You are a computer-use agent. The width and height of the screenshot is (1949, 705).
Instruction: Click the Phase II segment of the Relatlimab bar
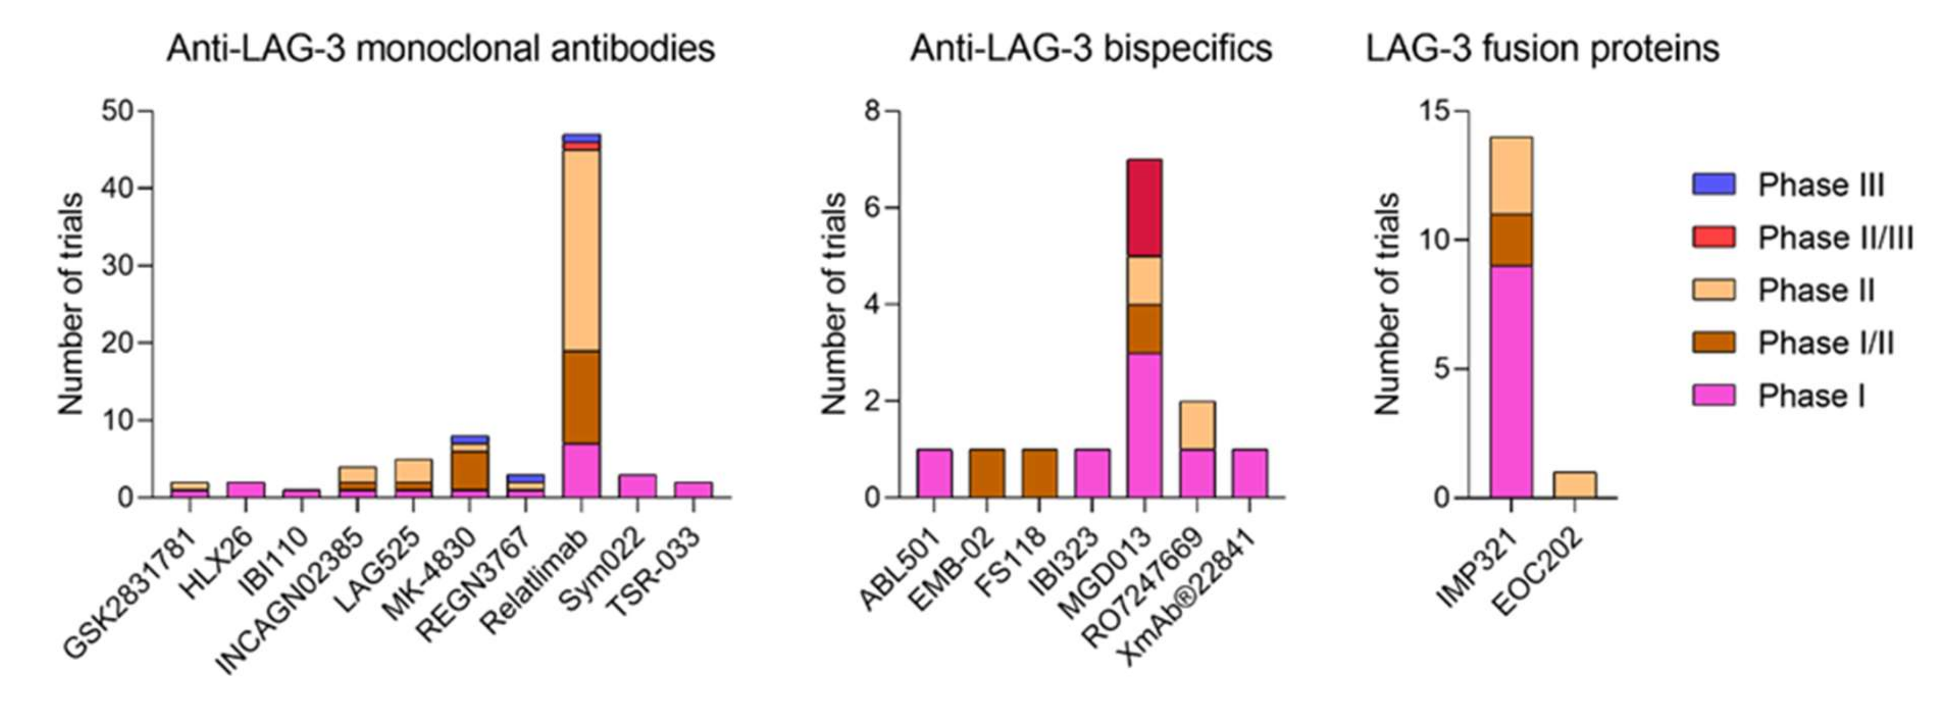(x=581, y=249)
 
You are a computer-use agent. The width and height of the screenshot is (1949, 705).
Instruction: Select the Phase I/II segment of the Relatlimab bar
(x=581, y=397)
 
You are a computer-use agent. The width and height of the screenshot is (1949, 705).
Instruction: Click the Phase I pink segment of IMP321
(x=1511, y=382)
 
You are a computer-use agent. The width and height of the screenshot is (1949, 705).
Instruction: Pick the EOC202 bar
(x=1575, y=485)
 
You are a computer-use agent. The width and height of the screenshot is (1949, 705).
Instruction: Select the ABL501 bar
(x=934, y=473)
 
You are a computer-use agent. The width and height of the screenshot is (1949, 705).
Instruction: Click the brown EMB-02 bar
(x=986, y=473)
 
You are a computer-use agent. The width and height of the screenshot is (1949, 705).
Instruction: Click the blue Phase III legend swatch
(x=1713, y=184)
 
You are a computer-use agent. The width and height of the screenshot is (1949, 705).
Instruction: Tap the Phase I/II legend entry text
(x=1825, y=343)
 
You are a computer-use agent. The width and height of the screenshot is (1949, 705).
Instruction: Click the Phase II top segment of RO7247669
(x=1196, y=425)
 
